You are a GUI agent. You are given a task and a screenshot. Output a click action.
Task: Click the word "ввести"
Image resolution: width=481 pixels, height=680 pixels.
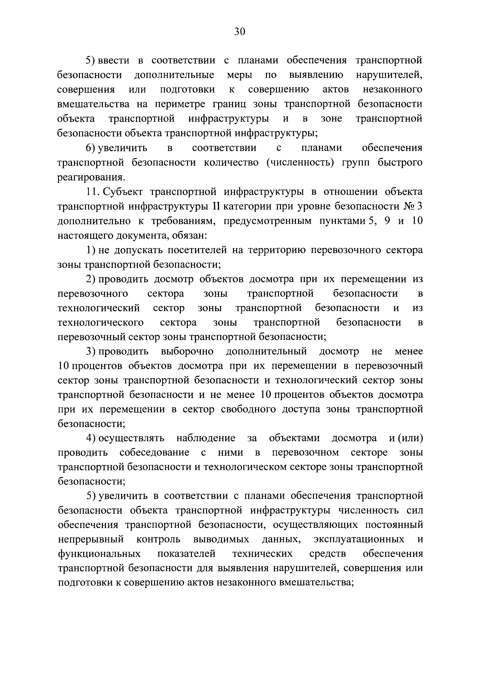(x=114, y=60)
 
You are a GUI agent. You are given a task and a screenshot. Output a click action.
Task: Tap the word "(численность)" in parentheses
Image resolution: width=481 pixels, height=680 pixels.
(x=301, y=163)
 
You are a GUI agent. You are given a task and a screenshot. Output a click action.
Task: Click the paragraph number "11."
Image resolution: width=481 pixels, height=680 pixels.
(x=93, y=192)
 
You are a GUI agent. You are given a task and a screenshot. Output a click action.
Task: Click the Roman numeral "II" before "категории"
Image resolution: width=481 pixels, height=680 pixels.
(x=216, y=206)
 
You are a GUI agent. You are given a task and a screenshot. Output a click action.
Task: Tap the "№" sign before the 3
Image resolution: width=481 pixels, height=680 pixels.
(x=408, y=206)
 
